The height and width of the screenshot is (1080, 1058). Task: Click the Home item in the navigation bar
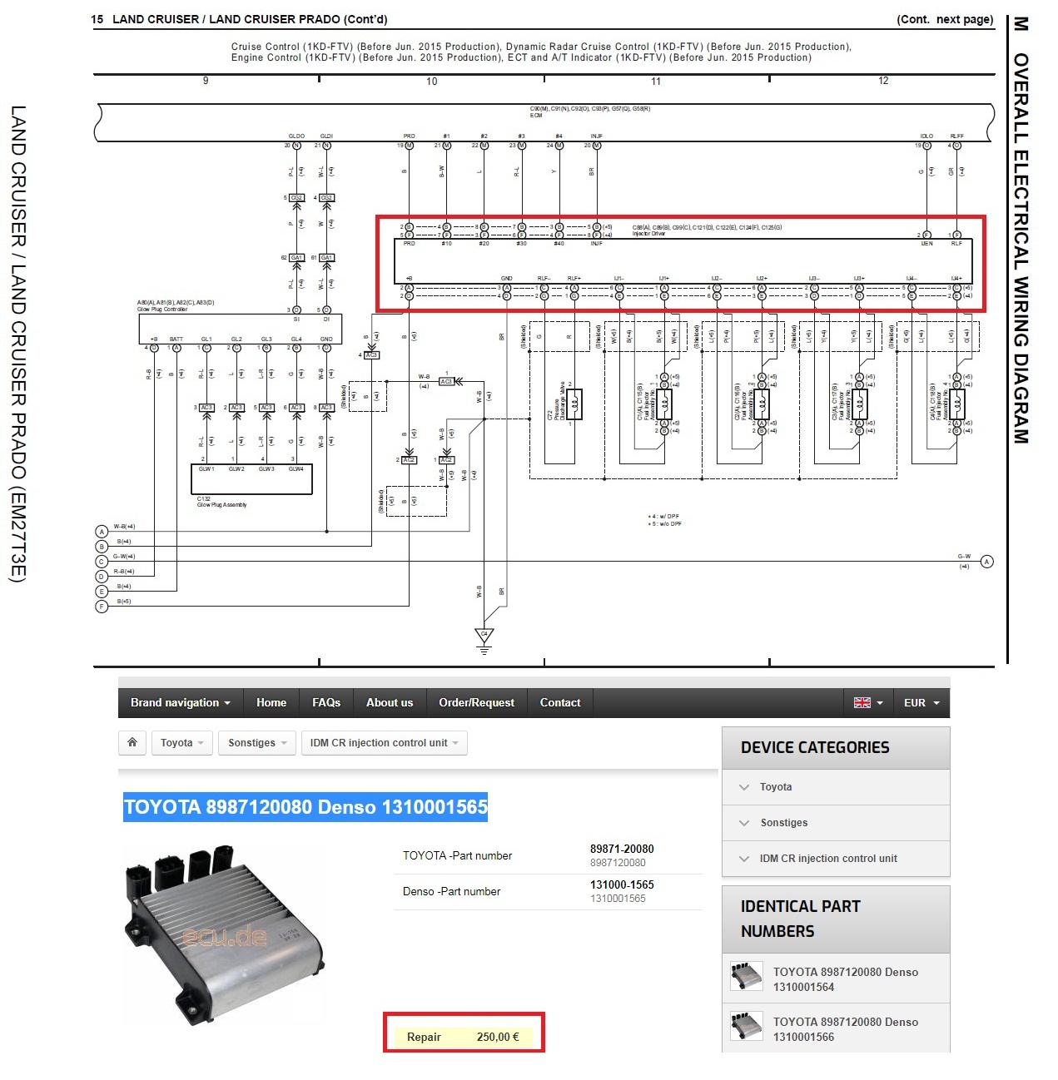271,703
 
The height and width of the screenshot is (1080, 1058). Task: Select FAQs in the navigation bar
326,703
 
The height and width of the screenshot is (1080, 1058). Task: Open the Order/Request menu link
476,703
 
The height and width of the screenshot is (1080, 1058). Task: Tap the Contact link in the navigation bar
560,703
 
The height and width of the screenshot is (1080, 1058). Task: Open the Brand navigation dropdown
180,703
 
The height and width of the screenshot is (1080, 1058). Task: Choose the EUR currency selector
921,703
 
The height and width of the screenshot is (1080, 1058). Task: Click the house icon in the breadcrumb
132,742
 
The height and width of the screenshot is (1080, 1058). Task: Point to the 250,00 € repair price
498,1037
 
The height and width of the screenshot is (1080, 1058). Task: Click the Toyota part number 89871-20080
622,849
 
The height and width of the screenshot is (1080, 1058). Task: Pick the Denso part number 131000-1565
622,884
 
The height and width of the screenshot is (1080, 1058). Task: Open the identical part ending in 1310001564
845,979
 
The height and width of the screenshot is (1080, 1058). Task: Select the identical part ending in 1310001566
845,1029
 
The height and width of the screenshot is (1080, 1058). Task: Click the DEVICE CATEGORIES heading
815,747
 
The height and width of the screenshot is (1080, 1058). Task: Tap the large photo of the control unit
223,934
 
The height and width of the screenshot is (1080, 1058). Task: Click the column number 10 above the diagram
431,82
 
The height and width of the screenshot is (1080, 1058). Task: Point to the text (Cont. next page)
945,20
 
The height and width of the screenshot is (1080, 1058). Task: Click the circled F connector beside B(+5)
102,607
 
